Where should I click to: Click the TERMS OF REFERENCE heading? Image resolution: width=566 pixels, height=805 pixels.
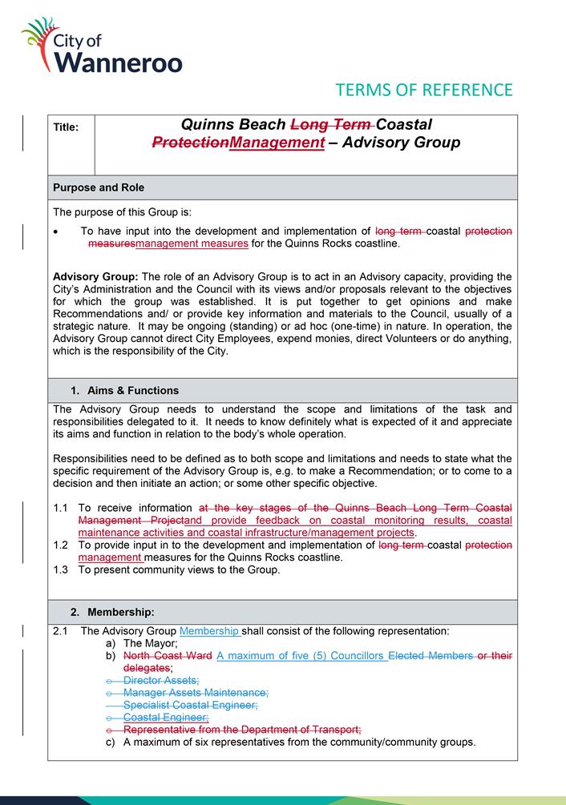[x=424, y=89]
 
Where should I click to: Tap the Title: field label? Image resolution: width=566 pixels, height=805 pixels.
[x=66, y=127]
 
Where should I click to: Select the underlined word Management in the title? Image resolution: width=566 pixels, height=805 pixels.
[x=277, y=143]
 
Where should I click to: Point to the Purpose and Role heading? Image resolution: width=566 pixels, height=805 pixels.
[x=99, y=187]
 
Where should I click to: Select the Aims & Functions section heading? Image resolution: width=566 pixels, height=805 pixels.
[x=124, y=390]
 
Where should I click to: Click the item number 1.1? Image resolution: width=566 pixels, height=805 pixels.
[x=61, y=508]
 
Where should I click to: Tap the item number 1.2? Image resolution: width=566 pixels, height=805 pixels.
[x=61, y=545]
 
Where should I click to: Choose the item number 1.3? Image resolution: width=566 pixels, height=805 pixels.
[x=61, y=570]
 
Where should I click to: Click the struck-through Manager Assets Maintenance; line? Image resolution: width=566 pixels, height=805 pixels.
[x=196, y=692]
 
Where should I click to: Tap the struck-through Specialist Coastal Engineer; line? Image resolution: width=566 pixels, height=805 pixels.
[x=190, y=704]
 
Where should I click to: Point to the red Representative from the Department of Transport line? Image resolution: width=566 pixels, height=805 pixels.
[x=242, y=729]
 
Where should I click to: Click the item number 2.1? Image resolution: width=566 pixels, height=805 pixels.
[x=61, y=631]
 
